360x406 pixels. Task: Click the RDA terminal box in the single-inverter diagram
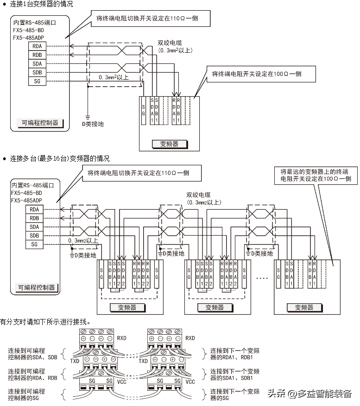click(x=37, y=46)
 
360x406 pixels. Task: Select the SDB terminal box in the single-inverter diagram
click(x=37, y=73)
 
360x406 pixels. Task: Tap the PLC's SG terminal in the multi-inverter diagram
click(x=34, y=244)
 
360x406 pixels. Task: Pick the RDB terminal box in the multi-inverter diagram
click(x=34, y=218)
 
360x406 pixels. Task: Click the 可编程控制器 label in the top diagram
click(x=40, y=123)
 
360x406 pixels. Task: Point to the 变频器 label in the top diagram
click(x=169, y=144)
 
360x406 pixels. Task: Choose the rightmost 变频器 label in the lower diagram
click(x=303, y=307)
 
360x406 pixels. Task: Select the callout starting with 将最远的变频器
click(x=315, y=175)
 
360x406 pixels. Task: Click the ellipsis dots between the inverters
click(x=262, y=278)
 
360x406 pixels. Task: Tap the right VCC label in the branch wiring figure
click(x=190, y=382)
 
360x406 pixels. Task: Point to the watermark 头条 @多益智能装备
click(x=309, y=394)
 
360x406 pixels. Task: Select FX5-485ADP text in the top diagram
click(x=28, y=37)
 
